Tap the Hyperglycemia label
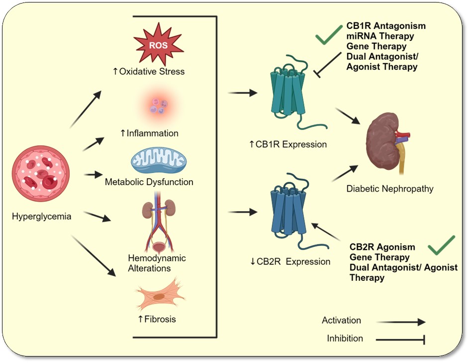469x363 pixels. click(x=42, y=217)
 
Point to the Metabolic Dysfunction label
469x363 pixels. click(x=149, y=182)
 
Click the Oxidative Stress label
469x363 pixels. click(x=149, y=71)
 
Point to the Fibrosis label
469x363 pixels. click(x=157, y=319)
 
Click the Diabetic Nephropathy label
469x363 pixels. click(x=390, y=189)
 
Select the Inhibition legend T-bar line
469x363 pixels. click(x=400, y=341)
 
